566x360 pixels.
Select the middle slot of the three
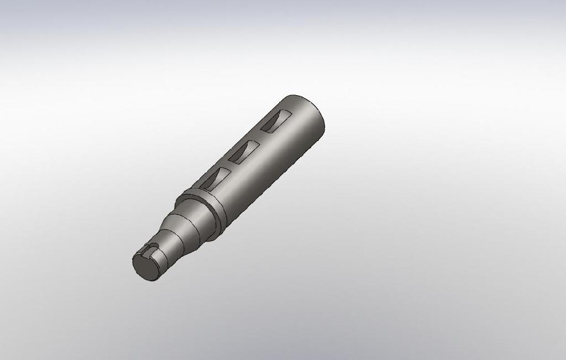pyautogui.click(x=244, y=152)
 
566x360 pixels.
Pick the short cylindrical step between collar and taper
pyautogui.click(x=196, y=219)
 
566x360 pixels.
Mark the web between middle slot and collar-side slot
pyautogui.click(x=228, y=165)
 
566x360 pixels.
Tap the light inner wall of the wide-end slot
pyautogui.click(x=279, y=118)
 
